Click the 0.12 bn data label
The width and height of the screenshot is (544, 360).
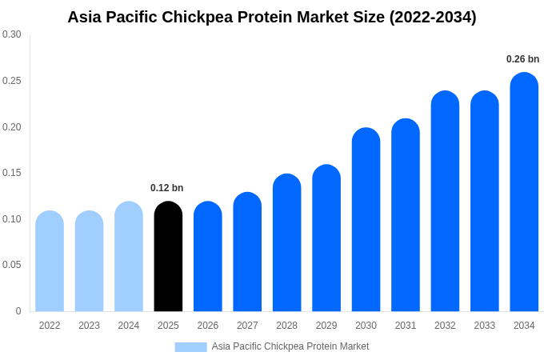tap(166, 188)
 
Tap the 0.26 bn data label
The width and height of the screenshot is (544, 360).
tap(522, 59)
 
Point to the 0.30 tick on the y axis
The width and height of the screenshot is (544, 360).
tap(12, 34)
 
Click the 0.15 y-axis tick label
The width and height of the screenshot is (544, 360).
tap(12, 173)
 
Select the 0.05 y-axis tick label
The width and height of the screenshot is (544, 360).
tap(12, 265)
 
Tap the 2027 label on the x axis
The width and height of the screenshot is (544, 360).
tap(247, 326)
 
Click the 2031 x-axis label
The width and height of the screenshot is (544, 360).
tap(406, 326)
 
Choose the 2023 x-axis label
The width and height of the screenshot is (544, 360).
tap(89, 326)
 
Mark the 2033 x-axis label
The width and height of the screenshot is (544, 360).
tap(484, 326)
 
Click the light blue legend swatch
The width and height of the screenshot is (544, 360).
tap(190, 346)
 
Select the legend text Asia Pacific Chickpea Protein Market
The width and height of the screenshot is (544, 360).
tap(290, 346)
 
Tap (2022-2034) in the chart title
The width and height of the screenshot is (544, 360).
tap(433, 17)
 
